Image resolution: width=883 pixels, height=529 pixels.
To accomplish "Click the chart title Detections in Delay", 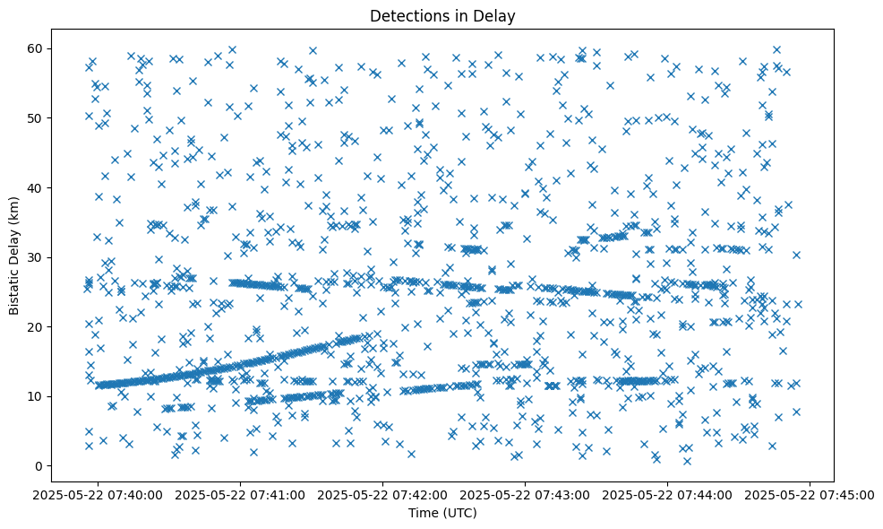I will [x=442, y=15].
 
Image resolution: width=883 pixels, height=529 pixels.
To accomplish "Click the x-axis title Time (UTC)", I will [x=442, y=513].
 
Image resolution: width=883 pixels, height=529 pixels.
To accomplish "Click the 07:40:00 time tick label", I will [x=99, y=494].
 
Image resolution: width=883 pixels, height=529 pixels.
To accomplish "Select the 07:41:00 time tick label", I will [x=241, y=494].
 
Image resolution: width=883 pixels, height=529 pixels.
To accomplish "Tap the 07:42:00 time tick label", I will [x=383, y=494].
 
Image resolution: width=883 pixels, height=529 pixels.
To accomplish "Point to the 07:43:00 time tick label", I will [x=526, y=494].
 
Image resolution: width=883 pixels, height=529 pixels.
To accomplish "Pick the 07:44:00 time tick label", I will [x=668, y=494].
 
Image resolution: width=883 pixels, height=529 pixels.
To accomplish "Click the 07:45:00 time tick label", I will [x=810, y=494].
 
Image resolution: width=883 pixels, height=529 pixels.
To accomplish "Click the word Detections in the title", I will [x=407, y=15].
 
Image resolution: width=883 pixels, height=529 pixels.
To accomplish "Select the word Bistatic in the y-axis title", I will [x=14, y=290].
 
